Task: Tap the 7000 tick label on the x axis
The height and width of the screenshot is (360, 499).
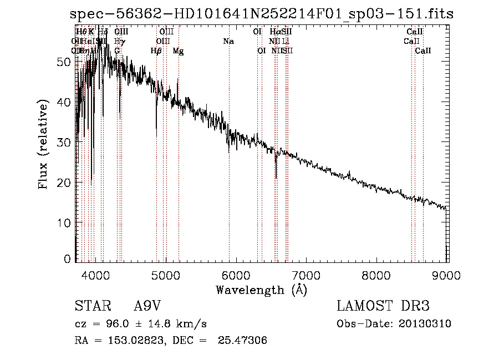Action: tap(307, 274)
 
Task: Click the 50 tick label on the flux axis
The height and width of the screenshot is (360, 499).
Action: tap(64, 62)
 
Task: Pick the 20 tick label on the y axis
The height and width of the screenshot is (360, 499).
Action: tap(64, 182)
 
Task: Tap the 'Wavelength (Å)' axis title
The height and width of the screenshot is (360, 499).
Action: tap(261, 290)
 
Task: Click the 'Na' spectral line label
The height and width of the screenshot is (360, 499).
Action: tap(228, 42)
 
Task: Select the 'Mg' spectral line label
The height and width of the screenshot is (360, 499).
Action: tap(178, 51)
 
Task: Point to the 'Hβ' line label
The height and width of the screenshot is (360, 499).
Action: tap(156, 51)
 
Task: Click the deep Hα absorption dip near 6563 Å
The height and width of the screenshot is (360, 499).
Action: tap(276, 176)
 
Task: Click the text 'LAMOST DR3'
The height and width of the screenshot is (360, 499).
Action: tap(383, 306)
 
